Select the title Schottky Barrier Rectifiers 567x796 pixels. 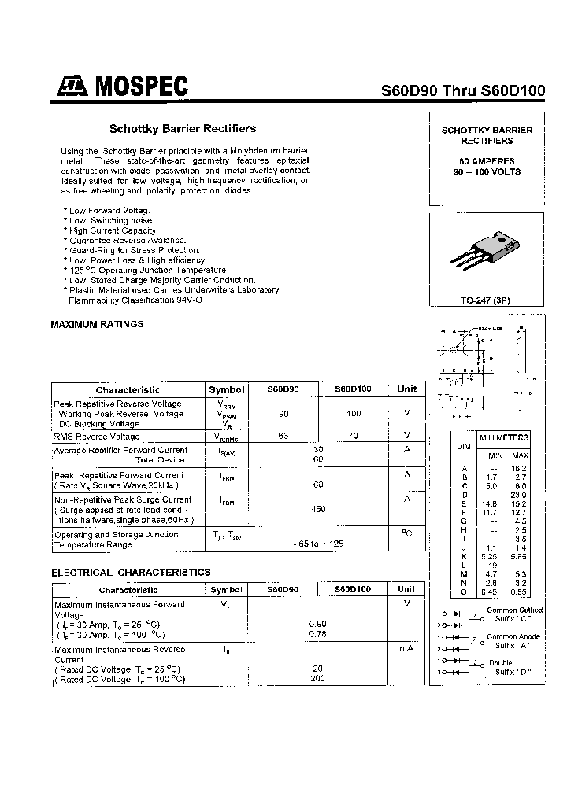coord(182,128)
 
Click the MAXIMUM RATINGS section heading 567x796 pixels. coord(98,324)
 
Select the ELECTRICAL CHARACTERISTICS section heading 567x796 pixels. coord(131,573)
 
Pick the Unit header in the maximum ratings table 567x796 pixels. coord(406,389)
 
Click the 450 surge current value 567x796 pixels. coord(318,509)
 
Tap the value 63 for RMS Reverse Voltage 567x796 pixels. coord(283,436)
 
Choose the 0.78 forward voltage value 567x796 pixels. coord(318,634)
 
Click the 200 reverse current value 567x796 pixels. coord(318,678)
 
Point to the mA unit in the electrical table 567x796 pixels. coord(406,649)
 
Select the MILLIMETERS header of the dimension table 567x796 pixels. coord(504,437)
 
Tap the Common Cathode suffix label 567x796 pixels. coord(514,615)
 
